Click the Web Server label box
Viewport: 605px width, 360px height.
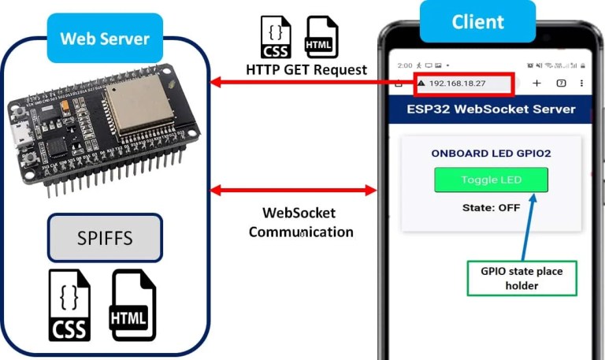click(105, 39)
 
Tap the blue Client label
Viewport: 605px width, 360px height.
click(477, 21)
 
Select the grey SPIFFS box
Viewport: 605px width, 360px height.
click(105, 237)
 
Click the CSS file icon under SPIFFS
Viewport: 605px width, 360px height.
click(69, 305)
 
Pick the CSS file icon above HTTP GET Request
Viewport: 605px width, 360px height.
click(276, 37)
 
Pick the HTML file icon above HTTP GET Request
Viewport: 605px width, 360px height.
click(321, 37)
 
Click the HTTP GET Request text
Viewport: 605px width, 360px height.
click(306, 69)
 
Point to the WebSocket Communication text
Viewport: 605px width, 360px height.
click(299, 222)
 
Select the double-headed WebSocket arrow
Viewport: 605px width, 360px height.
click(295, 190)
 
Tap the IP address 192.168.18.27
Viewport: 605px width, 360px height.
click(457, 84)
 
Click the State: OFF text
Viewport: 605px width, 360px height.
click(491, 208)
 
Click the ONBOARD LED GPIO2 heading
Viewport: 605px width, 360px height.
click(491, 154)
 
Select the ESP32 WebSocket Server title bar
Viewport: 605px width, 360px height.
click(491, 109)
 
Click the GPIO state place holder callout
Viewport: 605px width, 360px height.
click(521, 277)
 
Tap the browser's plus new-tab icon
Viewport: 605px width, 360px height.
click(537, 83)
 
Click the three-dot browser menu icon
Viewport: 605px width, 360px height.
click(582, 83)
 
